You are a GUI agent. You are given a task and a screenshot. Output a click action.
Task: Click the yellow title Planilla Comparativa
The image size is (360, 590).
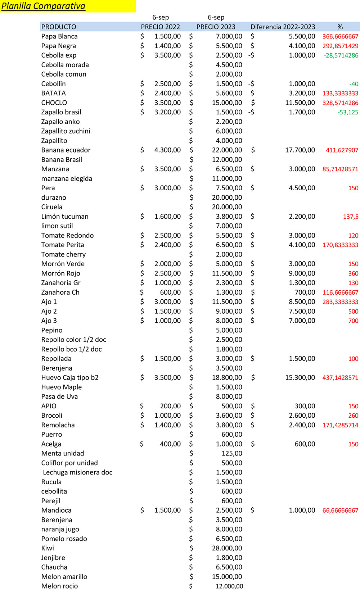pos(44,6)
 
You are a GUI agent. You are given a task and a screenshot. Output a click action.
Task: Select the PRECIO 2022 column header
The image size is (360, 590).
pos(160,27)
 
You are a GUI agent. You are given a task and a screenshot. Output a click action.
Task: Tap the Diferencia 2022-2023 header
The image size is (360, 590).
pos(283,27)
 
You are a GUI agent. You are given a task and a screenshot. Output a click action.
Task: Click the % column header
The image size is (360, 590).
pos(340,27)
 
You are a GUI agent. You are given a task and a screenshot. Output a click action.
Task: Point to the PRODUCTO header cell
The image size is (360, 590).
pos(59,27)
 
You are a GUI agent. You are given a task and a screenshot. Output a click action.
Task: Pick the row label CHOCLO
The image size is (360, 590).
pos(54,103)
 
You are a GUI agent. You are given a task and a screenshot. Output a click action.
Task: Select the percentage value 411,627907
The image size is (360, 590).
pos(342,150)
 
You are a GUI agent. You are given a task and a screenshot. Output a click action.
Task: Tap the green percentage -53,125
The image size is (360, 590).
pos(348,112)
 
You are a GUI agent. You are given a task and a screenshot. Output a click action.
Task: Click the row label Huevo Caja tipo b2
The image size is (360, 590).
pos(70,378)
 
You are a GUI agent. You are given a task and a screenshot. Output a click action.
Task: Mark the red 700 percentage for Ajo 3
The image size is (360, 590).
pos(353,321)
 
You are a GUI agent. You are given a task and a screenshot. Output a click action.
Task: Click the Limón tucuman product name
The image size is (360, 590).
pos(65,217)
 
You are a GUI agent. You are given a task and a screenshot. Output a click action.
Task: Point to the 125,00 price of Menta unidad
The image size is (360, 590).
pos(232,453)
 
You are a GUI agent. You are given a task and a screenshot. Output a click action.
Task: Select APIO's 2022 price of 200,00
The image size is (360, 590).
pos(170,406)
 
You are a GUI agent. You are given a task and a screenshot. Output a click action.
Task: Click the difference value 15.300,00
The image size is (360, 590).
pos(300,378)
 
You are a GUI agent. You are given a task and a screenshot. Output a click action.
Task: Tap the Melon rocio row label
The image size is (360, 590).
pos(59,586)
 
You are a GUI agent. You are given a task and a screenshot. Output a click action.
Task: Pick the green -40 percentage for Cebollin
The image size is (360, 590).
pos(354,84)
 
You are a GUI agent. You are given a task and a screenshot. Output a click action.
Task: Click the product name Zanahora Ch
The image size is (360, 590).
pos(60,292)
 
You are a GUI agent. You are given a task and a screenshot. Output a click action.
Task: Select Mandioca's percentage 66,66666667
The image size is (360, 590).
pos(340,510)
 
